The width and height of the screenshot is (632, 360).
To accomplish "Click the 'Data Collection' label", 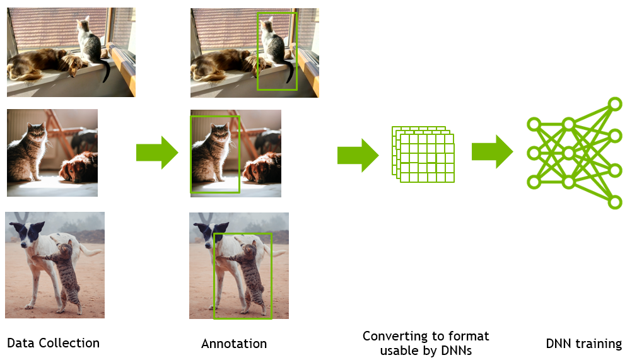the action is pos(53,343).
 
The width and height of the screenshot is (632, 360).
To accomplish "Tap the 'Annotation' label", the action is pos(234,344).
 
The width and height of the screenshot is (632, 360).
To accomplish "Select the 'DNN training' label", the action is pos(583,344).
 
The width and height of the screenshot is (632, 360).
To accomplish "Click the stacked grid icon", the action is pos(423,154).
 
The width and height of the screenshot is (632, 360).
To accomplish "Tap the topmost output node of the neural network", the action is pos(615,104).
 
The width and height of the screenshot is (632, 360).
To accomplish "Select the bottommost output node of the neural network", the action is pos(615,202).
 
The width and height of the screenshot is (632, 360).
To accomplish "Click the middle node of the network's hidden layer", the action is pos(568,153).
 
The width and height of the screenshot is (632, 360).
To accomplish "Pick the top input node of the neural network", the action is pos(534,124).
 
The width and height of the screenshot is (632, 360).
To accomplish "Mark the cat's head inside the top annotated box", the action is pos(267,26).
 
